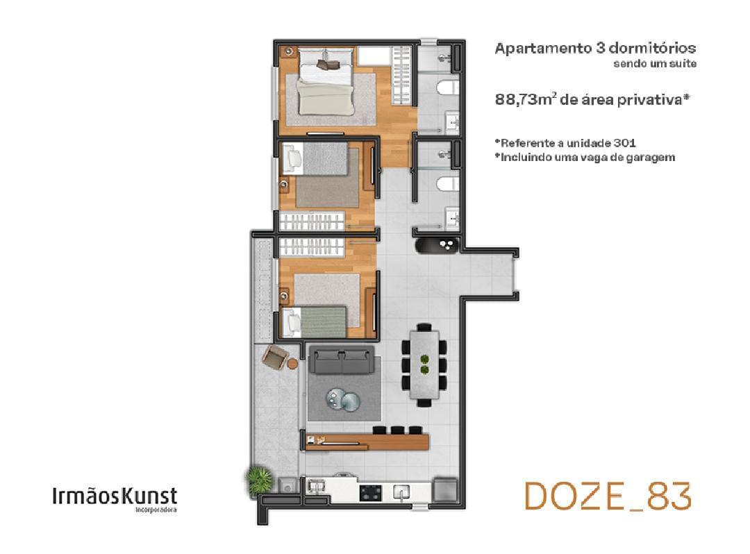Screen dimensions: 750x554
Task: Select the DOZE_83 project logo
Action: click(608, 496)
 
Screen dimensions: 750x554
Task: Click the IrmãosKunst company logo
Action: click(115, 498)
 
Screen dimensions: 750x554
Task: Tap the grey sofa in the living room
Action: click(341, 360)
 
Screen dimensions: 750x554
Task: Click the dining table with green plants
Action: click(424, 364)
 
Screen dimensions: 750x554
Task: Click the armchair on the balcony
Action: click(275, 357)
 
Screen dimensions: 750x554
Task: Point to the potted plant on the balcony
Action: click(259, 478)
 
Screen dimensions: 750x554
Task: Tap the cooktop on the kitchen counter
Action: click(371, 492)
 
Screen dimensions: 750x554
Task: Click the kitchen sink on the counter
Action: click(401, 492)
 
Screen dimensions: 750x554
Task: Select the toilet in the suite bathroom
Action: click(448, 87)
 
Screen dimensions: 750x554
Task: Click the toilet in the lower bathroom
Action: click(448, 183)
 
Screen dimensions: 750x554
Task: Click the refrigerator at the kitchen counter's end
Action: click(445, 489)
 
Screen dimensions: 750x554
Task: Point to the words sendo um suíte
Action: click(655, 64)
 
